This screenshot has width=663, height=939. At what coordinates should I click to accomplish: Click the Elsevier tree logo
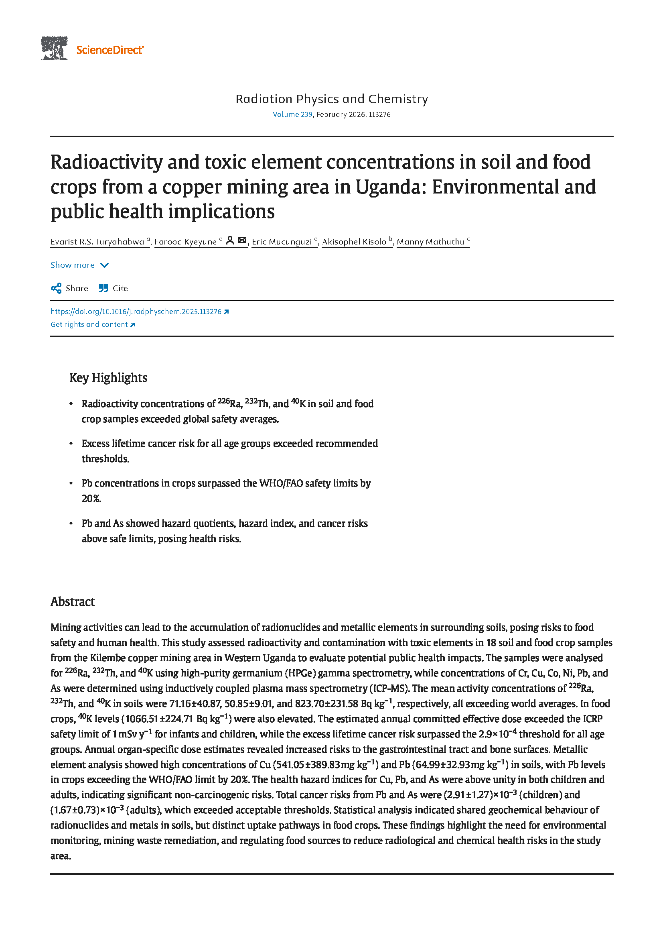54,48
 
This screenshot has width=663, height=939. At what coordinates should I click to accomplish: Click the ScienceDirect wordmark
109,50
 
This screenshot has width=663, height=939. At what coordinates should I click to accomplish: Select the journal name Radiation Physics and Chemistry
332,99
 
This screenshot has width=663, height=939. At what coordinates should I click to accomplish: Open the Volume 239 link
292,114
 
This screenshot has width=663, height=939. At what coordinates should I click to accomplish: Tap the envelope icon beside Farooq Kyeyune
242,240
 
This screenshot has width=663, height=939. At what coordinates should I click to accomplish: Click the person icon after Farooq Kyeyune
230,240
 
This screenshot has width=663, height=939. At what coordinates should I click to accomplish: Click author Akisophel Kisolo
354,242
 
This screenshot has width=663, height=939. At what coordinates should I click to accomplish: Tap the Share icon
57,288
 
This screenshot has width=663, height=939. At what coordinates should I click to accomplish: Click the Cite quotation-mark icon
104,288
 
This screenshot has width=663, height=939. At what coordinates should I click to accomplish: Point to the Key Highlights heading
108,377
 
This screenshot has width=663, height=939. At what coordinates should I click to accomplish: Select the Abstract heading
73,602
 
